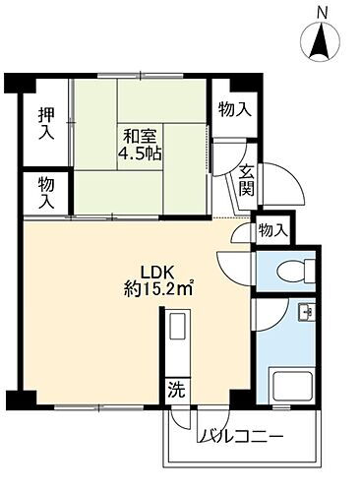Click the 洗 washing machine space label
click(174, 387)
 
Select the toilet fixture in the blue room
click(294, 270)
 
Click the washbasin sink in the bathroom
click(304, 314)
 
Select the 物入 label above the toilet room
click(271, 229)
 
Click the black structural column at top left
click(14, 84)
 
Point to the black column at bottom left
click(20, 400)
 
